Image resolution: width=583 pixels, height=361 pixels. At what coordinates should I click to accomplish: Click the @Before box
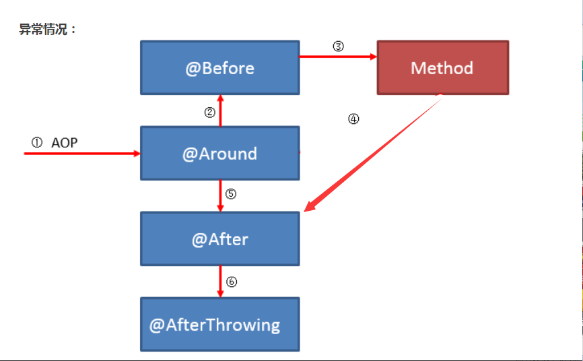tap(219, 68)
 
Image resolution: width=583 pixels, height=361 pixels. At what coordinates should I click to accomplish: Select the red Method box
tap(443, 68)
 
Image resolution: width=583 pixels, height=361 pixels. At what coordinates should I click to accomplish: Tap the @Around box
tap(219, 154)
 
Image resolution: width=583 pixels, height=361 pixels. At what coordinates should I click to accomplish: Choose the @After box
tap(219, 239)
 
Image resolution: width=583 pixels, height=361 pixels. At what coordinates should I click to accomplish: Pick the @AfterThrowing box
tap(219, 324)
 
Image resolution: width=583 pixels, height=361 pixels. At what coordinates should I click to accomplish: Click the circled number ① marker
tap(37, 142)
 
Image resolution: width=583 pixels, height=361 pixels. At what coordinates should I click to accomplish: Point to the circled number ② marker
tap(209, 112)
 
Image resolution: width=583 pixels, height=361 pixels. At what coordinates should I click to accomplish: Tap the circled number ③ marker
tap(338, 46)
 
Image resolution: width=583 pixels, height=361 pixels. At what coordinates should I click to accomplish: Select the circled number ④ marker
tap(353, 119)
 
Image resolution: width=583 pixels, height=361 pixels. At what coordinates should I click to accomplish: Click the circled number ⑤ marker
tap(230, 193)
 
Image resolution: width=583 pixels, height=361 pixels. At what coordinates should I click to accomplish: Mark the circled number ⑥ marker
tap(232, 282)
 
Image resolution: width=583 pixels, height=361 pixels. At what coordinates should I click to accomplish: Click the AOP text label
tap(65, 143)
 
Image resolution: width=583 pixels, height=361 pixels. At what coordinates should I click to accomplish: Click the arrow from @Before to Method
tap(338, 57)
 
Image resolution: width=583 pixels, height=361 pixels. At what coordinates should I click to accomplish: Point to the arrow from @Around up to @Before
tap(220, 110)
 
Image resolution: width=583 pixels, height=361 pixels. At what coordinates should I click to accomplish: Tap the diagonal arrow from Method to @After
tap(372, 153)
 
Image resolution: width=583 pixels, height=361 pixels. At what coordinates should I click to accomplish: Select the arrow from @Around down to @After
tap(220, 196)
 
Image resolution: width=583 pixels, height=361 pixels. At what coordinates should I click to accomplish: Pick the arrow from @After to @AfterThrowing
tap(220, 282)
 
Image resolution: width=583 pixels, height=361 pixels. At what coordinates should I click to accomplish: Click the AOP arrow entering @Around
tap(82, 154)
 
